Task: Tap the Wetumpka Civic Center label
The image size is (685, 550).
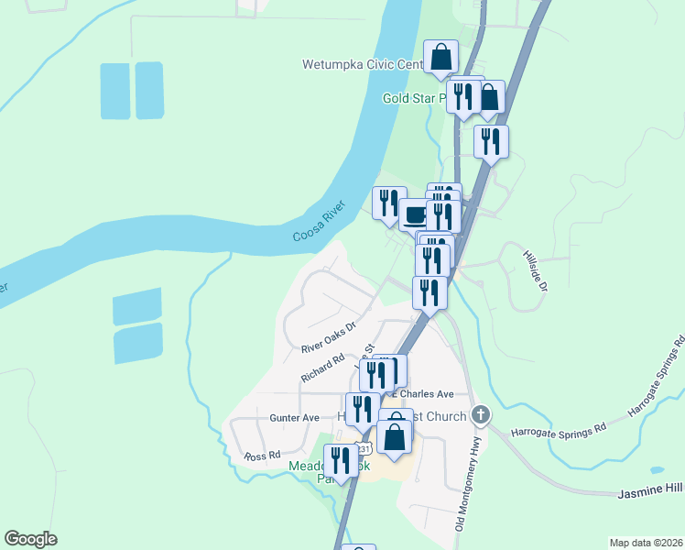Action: pyautogui.click(x=362, y=65)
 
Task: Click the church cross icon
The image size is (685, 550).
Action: pyautogui.click(x=480, y=415)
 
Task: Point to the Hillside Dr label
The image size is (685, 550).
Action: pyautogui.click(x=535, y=271)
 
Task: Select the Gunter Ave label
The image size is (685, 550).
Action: pyautogui.click(x=294, y=418)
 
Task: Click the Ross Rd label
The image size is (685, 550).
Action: pyautogui.click(x=261, y=456)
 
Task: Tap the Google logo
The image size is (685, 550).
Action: pyautogui.click(x=30, y=539)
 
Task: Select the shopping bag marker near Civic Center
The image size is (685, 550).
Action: pyautogui.click(x=440, y=57)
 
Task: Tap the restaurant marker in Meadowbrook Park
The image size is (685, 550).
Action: pyautogui.click(x=341, y=460)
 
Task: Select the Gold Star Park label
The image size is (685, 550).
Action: pyautogui.click(x=413, y=97)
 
